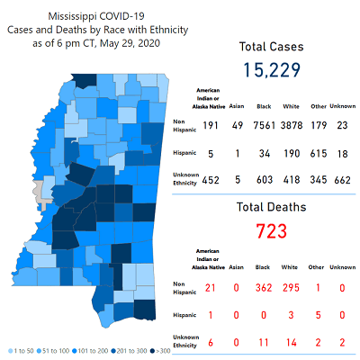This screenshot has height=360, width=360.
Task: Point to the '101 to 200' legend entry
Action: pos(89,350)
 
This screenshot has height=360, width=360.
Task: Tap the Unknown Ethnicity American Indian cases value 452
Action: pos(211,180)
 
